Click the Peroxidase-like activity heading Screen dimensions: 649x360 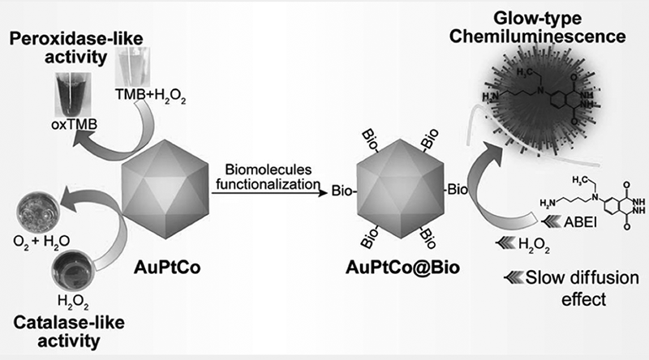pyautogui.click(x=76, y=48)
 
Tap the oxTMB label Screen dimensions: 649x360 pyautogui.click(x=75, y=124)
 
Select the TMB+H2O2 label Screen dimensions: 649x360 pyautogui.click(x=150, y=96)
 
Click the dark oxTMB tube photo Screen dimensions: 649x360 pyautogui.click(x=73, y=95)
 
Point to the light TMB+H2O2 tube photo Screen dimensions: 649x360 pyautogui.click(x=132, y=67)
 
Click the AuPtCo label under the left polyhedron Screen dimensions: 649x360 pyautogui.click(x=167, y=268)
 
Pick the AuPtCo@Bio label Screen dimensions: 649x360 pyautogui.click(x=402, y=268)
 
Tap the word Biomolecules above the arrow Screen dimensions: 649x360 pyautogui.click(x=269, y=169)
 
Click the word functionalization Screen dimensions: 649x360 pyautogui.click(x=269, y=184)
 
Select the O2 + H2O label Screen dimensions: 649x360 pyautogui.click(x=41, y=242)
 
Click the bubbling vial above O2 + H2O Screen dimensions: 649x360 pyautogui.click(x=38, y=212)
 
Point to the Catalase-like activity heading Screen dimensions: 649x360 pyautogui.click(x=69, y=332)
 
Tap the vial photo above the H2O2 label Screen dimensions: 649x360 pyautogui.click(x=74, y=271)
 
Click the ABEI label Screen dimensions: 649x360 pyautogui.click(x=581, y=222)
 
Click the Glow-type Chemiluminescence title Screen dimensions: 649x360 pyautogui.click(x=537, y=28)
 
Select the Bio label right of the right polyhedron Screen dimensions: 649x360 pyautogui.click(x=458, y=190)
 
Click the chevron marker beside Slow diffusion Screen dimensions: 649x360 pyautogui.click(x=514, y=276)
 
